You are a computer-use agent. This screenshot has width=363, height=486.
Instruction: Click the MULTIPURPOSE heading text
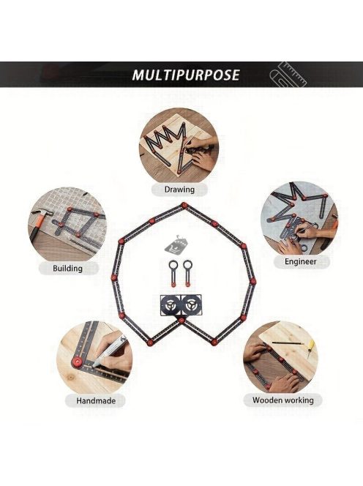pyautogui.click(x=186, y=75)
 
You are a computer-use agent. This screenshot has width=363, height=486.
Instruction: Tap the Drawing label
pyautogui.click(x=179, y=190)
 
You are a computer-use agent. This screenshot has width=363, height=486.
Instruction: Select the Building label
pyautogui.click(x=67, y=269)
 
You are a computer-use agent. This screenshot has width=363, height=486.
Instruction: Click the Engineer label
pyautogui.click(x=301, y=261)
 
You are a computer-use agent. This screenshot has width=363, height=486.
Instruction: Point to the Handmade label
pyautogui.click(x=96, y=401)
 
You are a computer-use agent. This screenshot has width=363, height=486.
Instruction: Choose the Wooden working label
pyautogui.click(x=283, y=400)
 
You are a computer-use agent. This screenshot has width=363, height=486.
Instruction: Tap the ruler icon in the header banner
pyautogui.click(x=288, y=75)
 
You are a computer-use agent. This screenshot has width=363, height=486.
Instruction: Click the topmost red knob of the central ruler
pyautogui.click(x=184, y=205)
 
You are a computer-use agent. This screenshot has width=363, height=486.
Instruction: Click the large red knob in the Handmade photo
pyautogui.click(x=76, y=361)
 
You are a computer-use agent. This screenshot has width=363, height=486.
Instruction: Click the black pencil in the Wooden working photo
pyautogui.click(x=288, y=343)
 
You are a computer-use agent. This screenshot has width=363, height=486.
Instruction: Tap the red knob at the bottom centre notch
pyautogui.click(x=181, y=321)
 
